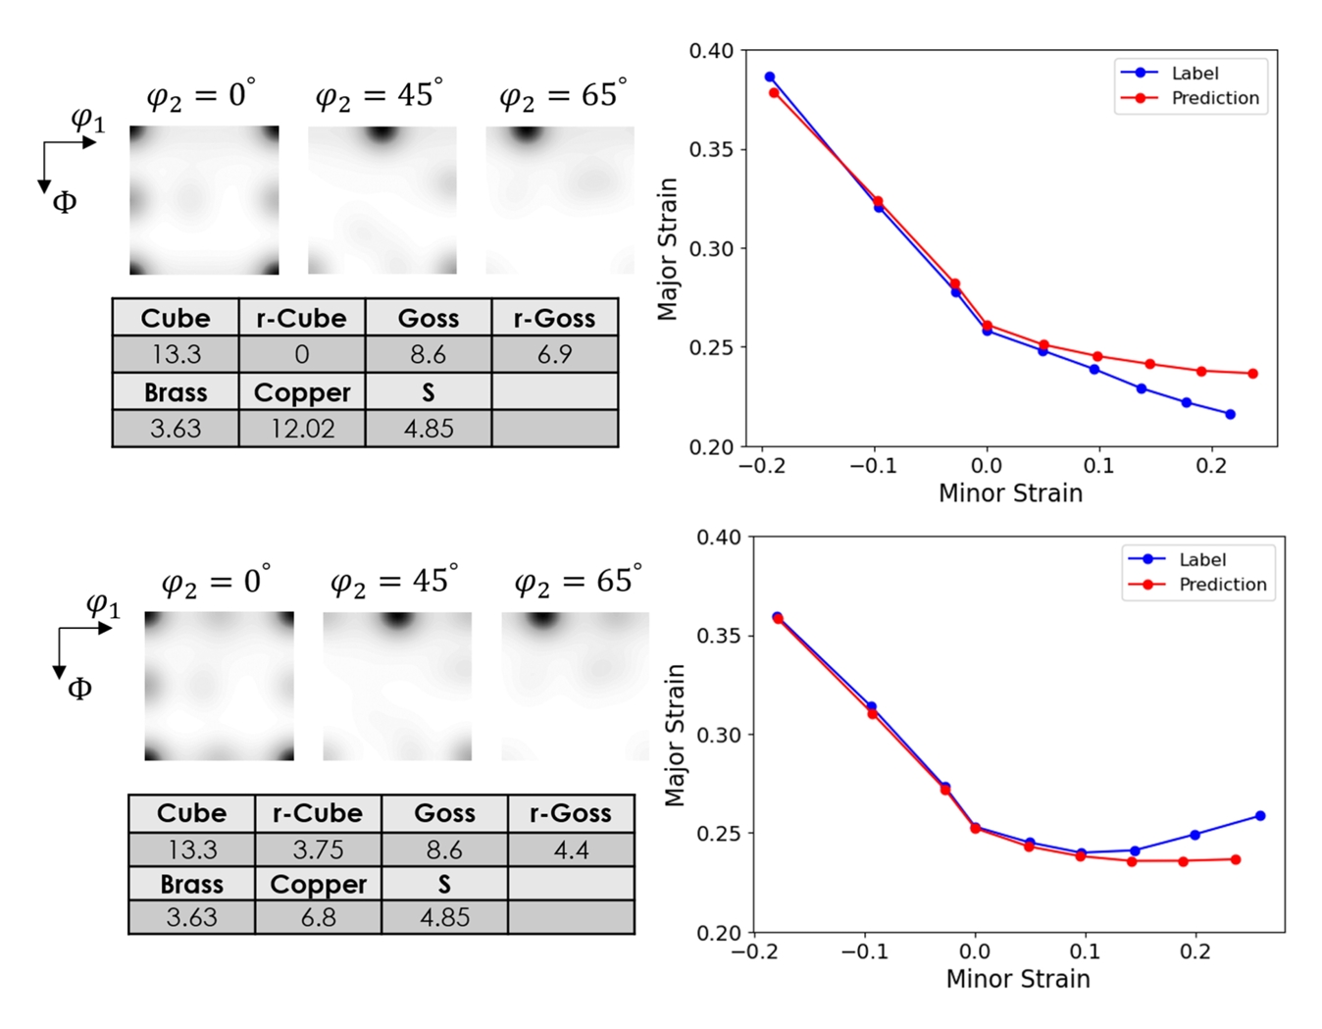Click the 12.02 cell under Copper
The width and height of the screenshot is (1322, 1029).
(x=302, y=429)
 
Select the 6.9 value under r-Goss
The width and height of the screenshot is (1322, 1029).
(x=554, y=354)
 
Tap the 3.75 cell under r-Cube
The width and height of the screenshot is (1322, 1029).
(x=318, y=849)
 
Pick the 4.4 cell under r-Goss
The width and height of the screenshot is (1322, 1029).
(x=571, y=849)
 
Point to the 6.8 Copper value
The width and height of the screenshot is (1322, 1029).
(x=318, y=917)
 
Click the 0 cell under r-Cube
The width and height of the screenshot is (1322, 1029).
(x=302, y=354)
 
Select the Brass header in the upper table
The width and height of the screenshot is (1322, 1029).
(x=176, y=392)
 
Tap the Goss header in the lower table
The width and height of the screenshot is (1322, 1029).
(x=444, y=813)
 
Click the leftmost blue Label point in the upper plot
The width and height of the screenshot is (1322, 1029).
(x=770, y=77)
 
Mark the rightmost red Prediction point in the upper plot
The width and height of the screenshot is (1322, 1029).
(x=1252, y=374)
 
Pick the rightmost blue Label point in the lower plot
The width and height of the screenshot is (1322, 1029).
(x=1260, y=816)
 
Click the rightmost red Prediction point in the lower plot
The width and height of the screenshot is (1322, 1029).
(x=1236, y=860)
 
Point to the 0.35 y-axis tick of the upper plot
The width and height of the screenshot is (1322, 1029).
(x=711, y=150)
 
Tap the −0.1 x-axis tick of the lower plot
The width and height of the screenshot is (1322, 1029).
(x=864, y=952)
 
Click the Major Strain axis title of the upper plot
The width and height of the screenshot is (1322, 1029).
(x=668, y=249)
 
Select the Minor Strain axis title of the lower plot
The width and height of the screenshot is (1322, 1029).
(x=1018, y=979)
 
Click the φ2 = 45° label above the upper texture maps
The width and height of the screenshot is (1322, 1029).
(x=379, y=96)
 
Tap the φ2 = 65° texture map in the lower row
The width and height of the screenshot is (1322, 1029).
(x=575, y=686)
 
